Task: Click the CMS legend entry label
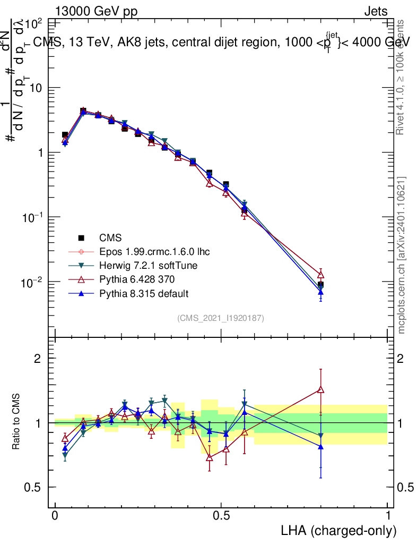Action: [111, 237]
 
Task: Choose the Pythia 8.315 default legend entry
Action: [144, 293]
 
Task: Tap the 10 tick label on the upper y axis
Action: [35, 88]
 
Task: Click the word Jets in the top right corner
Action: [375, 11]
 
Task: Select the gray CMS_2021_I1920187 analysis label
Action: [221, 318]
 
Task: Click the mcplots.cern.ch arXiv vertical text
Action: [402, 255]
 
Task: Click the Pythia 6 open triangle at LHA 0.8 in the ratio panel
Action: [320, 389]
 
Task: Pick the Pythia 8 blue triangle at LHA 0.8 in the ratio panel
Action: [320, 446]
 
